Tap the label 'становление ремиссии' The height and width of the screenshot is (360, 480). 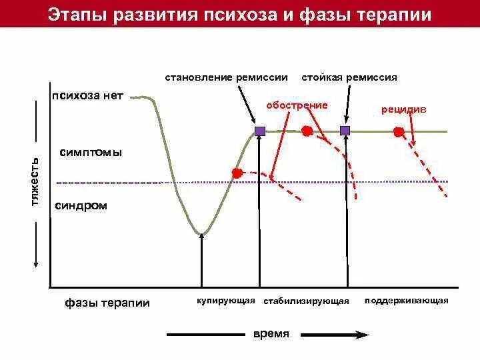[227, 77]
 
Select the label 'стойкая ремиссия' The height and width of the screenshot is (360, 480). [349, 77]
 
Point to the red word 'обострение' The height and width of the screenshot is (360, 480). [297, 106]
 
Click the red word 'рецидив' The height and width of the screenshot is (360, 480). [404, 109]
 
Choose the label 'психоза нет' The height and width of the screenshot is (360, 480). [87, 95]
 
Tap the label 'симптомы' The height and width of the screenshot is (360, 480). [91, 152]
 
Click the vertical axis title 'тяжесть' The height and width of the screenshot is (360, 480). [36, 181]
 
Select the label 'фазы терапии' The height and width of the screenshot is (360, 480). [107, 303]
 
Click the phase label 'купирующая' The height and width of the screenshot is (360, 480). [226, 301]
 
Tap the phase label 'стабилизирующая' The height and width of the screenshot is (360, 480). [306, 301]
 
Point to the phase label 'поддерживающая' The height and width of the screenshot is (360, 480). [407, 301]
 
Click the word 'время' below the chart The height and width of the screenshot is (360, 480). [271, 334]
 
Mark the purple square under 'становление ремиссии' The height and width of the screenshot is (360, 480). [260, 131]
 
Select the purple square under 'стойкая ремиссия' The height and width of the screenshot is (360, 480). [345, 131]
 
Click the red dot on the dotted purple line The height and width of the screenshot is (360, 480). [237, 173]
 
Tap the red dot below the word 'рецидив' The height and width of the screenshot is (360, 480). [399, 132]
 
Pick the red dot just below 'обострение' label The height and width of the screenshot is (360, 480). [307, 130]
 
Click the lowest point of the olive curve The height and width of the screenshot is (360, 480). [202, 233]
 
